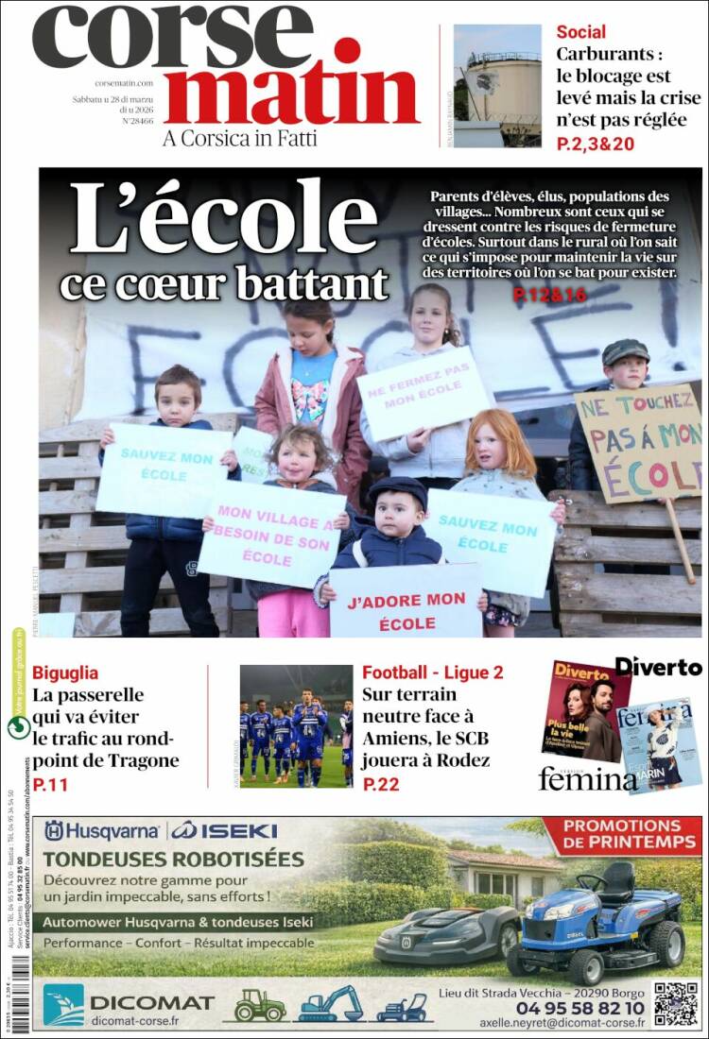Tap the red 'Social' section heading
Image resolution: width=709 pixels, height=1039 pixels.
click(x=580, y=32)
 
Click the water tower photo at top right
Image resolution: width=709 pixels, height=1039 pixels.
click(x=497, y=85)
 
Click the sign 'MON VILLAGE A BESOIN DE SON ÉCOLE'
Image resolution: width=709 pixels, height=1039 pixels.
click(x=271, y=533)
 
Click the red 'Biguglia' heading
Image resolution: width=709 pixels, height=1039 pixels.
click(x=65, y=673)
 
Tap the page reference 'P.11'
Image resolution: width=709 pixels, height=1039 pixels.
click(x=49, y=784)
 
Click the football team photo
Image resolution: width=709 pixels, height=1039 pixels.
click(x=296, y=725)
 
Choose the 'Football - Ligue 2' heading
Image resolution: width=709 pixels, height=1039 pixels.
click(x=432, y=673)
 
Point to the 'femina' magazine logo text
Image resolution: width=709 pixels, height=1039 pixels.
click(x=587, y=778)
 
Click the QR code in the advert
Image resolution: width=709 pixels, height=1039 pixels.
click(x=676, y=1004)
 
